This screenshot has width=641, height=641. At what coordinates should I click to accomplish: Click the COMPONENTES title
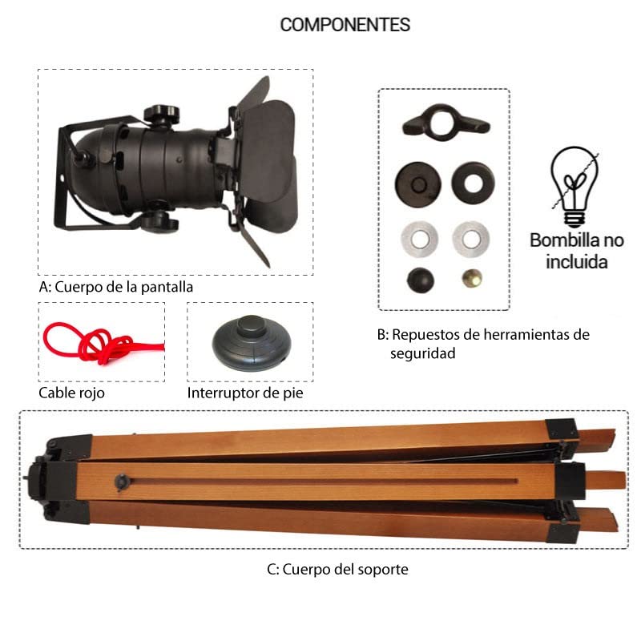345,25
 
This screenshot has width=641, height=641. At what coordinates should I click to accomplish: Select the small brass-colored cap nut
472,278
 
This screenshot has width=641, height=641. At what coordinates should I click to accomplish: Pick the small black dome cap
420,280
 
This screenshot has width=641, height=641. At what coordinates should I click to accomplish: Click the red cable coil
103,344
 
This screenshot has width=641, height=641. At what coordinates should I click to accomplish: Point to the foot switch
252,343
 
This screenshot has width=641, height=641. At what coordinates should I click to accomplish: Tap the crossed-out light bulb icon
574,187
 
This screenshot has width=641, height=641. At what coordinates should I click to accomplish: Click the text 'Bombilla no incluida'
577,251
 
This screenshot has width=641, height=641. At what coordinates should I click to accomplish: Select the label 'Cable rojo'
71,393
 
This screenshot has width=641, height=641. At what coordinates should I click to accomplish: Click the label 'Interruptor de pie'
245,393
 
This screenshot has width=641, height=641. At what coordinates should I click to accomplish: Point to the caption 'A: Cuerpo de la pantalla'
116,287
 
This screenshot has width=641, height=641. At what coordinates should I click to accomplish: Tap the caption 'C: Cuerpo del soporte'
337,569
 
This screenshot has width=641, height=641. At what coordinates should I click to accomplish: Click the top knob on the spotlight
162,114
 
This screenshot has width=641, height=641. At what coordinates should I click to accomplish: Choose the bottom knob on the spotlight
159,221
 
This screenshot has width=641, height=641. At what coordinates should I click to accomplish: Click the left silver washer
419,239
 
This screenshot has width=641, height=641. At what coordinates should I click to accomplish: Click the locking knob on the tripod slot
122,482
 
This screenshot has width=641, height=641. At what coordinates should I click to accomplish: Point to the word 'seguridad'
423,353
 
